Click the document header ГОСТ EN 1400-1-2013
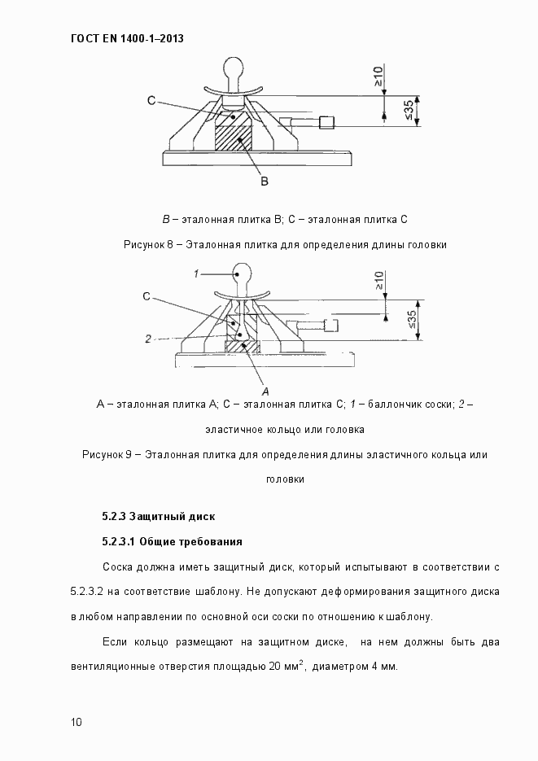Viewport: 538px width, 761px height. pyautogui.click(x=121, y=37)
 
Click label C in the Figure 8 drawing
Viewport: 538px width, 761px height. pyautogui.click(x=151, y=100)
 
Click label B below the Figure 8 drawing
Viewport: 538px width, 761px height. pyautogui.click(x=265, y=182)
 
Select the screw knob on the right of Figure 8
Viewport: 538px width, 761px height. pyautogui.click(x=327, y=123)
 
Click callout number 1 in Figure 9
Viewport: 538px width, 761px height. pyautogui.click(x=197, y=274)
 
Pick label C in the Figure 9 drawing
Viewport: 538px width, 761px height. pyautogui.click(x=146, y=297)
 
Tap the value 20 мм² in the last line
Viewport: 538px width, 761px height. pyautogui.click(x=282, y=667)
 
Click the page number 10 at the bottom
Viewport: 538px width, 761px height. pyautogui.click(x=76, y=722)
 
